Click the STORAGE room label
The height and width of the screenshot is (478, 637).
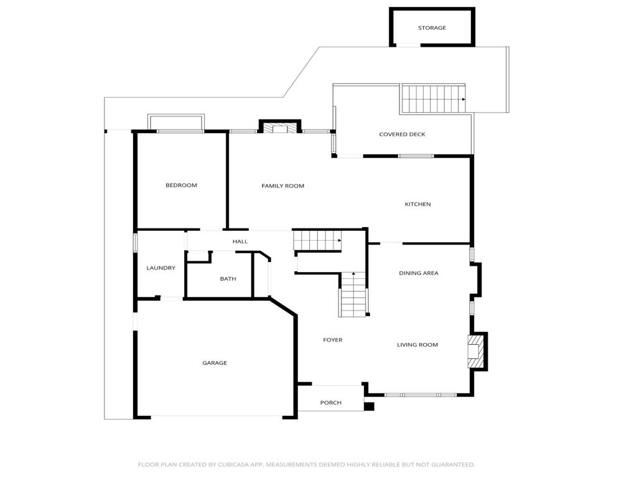point(432,28)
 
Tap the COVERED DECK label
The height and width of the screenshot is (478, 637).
point(402,134)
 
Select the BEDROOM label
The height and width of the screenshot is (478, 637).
point(181,185)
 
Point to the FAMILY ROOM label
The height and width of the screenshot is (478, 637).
point(282,186)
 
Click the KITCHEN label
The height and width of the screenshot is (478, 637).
point(417,205)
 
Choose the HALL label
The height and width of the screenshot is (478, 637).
point(240,241)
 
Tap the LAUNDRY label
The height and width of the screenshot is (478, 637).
point(160,268)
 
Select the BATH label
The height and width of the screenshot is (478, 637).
point(228,279)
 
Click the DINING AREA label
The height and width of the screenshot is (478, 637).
point(418,273)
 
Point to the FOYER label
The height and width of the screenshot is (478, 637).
point(332,340)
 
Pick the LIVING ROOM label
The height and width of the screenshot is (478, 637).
point(417,345)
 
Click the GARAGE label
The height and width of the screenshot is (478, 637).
point(215,363)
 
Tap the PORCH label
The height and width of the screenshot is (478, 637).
point(330,403)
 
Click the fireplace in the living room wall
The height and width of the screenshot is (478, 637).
point(476,352)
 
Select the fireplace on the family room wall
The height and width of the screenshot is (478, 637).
point(279,128)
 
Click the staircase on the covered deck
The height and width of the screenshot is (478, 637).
point(433,98)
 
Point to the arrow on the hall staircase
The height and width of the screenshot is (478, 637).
point(339,240)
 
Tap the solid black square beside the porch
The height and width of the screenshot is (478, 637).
point(369,407)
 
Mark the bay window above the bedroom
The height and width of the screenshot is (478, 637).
point(176,122)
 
